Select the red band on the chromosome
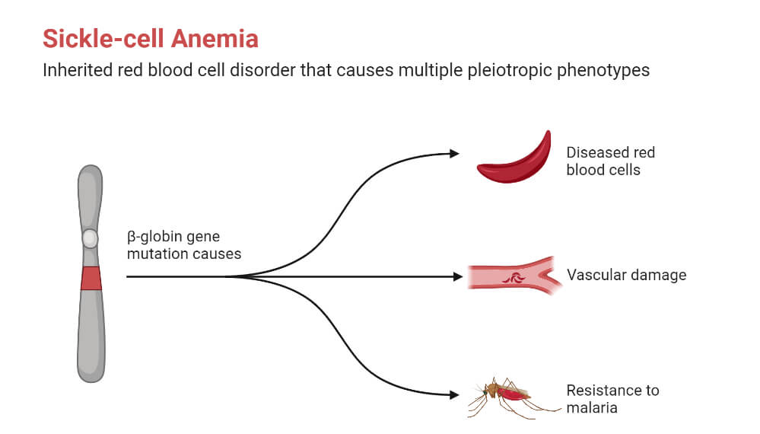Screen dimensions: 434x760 point(91,279)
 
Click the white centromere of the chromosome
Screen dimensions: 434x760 point(90,238)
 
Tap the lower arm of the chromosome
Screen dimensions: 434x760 point(91,335)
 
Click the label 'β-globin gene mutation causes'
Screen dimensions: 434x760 point(183,245)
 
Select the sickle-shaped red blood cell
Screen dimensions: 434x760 point(515,159)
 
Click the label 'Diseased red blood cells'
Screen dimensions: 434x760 point(610,161)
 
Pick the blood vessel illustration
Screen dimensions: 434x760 point(514,276)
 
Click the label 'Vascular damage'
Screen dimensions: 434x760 point(626,275)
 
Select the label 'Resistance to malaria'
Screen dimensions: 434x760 point(612,399)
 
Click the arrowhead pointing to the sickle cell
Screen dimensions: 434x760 point(455,153)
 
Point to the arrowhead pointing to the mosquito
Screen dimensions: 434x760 point(455,394)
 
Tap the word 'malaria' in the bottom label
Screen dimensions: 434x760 point(591,408)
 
